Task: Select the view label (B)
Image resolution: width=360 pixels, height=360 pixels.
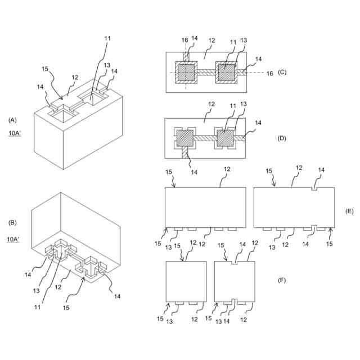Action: [x=12, y=223]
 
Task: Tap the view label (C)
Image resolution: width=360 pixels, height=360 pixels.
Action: [x=282, y=73]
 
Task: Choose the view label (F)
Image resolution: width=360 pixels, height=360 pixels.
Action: [x=282, y=280]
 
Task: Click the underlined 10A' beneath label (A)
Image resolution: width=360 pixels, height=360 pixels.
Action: [x=15, y=134]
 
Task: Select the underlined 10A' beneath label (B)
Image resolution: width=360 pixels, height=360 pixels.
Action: [x=15, y=240]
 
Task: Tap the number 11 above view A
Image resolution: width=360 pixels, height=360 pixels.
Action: [x=107, y=39]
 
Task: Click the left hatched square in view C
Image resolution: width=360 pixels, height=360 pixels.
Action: [x=186, y=73]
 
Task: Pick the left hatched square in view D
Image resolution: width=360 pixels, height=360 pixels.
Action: [x=186, y=138]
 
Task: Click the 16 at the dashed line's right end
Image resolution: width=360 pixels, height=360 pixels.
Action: [x=269, y=74]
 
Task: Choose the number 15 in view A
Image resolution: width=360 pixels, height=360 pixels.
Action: [x=46, y=70]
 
